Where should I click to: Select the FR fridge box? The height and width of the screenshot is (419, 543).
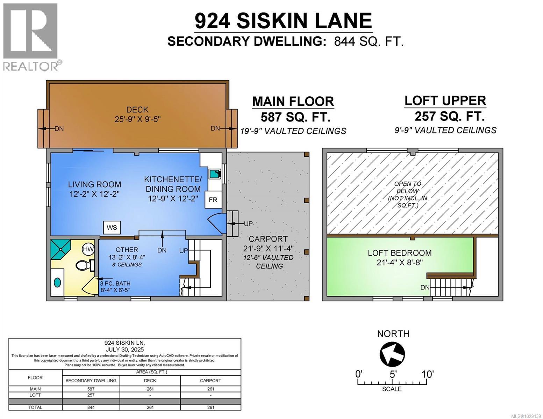(x=213, y=200)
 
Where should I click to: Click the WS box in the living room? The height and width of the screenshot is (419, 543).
(x=112, y=228)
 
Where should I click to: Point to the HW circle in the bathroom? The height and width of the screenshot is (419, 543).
(x=88, y=249)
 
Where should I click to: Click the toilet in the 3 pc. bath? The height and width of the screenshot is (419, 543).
(x=84, y=266)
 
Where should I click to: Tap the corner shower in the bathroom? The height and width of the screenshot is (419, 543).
(x=60, y=249)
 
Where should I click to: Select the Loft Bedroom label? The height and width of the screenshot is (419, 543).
(x=399, y=253)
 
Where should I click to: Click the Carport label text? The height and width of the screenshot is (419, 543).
(x=268, y=239)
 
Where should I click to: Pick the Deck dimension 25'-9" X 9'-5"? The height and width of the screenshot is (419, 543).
(x=137, y=119)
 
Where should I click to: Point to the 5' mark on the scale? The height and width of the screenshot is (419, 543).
(x=393, y=374)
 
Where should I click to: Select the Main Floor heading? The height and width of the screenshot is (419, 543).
(x=293, y=101)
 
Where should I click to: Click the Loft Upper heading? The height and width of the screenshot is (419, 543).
(x=445, y=101)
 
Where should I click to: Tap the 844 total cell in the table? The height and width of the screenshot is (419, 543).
(x=91, y=407)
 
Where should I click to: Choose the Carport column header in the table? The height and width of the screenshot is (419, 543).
(x=210, y=381)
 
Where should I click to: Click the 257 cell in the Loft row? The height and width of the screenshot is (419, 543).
(x=91, y=395)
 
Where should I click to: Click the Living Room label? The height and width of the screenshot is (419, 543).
(x=94, y=184)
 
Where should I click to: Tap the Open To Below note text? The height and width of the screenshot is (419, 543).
(x=408, y=194)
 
